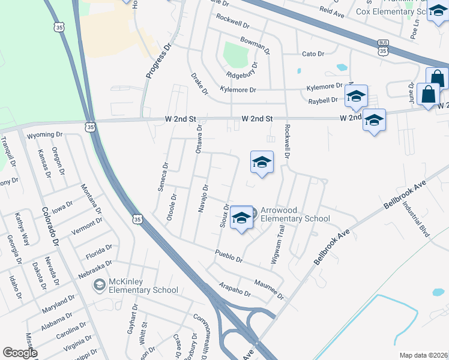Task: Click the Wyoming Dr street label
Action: (45, 135)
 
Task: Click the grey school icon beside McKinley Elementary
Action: (99, 286)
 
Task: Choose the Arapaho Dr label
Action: (235, 290)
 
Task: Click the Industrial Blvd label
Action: (417, 218)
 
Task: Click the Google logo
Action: (20, 353)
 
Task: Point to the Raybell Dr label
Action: (323, 100)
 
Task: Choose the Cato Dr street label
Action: (313, 53)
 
